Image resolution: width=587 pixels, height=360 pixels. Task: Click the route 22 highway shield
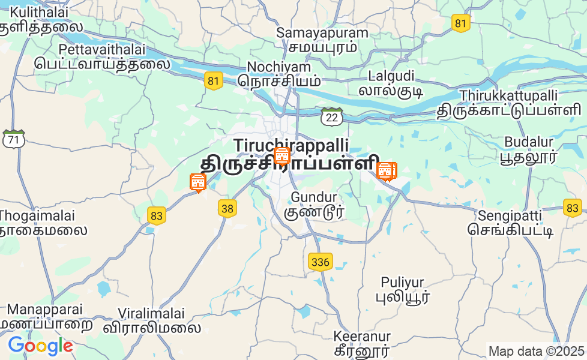click(x=331, y=117)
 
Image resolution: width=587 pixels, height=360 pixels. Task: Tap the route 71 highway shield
click(x=13, y=139)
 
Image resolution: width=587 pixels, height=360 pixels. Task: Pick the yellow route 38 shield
click(x=227, y=208)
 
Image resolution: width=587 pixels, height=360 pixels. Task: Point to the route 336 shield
click(x=321, y=262)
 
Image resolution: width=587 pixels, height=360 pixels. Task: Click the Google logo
click(x=40, y=346)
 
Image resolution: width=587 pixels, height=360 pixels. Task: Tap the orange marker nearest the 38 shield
click(x=197, y=182)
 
